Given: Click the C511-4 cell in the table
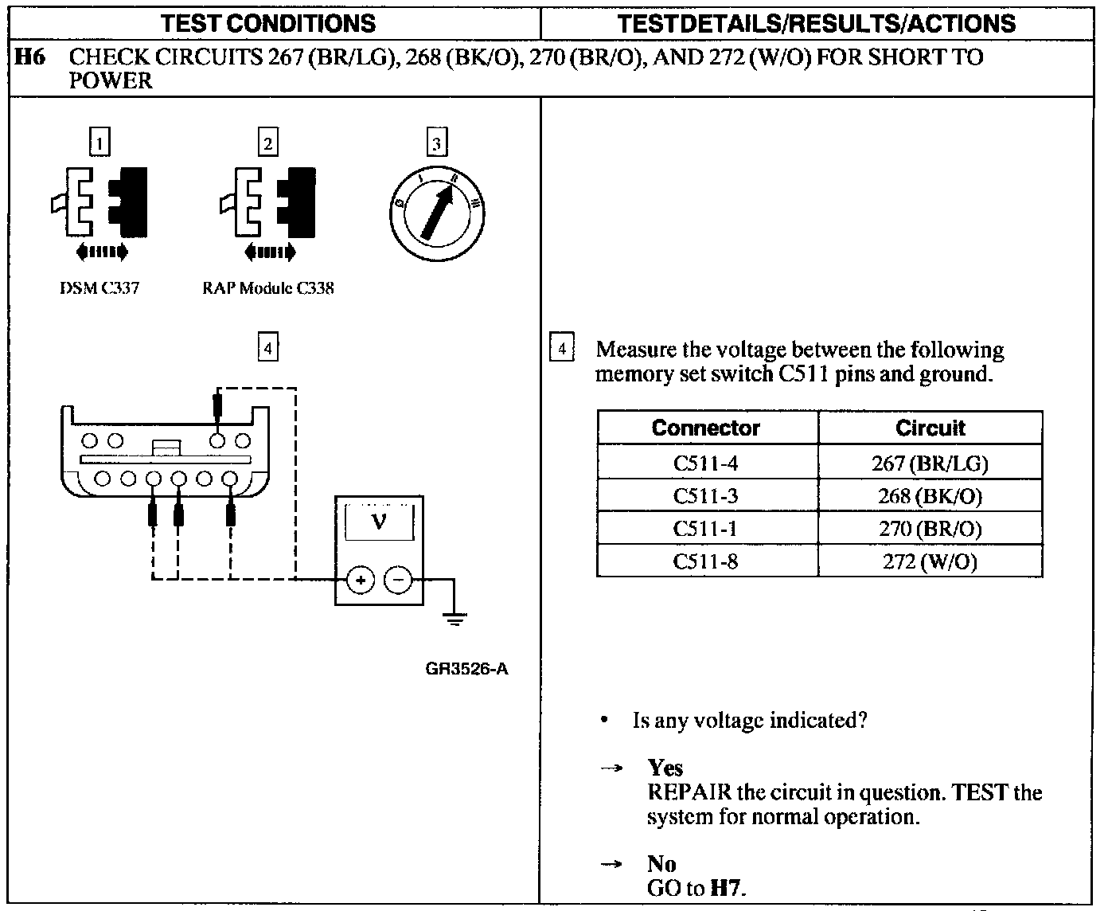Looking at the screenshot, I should pos(705,463).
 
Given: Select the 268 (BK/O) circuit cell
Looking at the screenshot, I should pos(930,496).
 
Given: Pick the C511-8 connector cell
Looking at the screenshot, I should pos(705,561).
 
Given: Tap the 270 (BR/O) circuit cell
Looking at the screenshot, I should pos(930,529).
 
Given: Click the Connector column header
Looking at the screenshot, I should pos(705,428).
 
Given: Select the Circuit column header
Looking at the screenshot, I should pos(930,428).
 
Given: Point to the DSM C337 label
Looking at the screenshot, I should pos(99,288).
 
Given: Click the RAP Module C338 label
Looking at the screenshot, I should pos(268,288).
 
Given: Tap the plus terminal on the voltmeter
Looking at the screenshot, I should pos(361,580).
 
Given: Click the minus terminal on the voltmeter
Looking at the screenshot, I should pos(399,580).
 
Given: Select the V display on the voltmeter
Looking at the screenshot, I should pos(379,523).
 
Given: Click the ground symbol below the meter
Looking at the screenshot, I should pos(455,617).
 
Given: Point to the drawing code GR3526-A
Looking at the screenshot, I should pos(466,669).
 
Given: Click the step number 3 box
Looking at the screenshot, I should pos(436,143).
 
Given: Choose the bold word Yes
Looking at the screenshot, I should pos(665,768).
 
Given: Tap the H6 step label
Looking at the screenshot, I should pos(29,57).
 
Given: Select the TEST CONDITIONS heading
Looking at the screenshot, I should pos(268,23).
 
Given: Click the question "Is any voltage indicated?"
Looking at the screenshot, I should pos(749,721).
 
